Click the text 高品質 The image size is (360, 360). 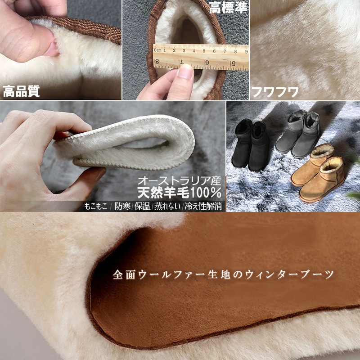coord(22,91)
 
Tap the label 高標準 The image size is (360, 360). coord(228,8)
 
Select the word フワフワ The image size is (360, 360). coord(275,92)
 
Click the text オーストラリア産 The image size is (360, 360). coord(179,180)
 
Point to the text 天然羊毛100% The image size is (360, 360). coord(179,193)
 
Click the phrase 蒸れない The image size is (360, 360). coord(167,207)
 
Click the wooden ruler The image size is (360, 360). coord(200,56)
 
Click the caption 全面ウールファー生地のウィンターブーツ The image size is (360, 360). coord(223,274)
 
